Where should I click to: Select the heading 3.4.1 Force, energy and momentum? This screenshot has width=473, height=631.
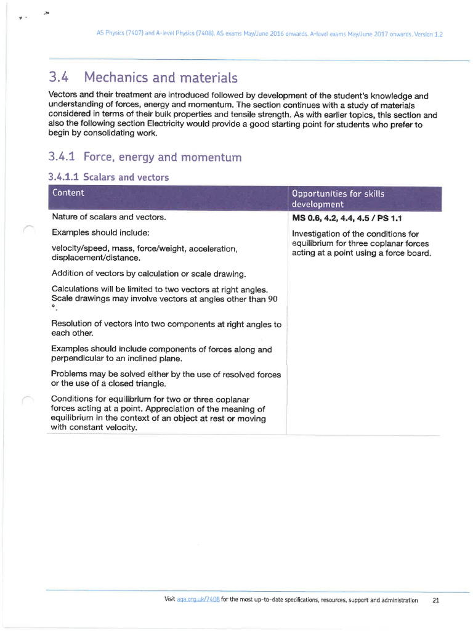click(145, 157)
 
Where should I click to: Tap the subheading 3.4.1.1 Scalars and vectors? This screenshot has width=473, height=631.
click(108, 177)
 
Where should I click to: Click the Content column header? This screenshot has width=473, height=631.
click(68, 193)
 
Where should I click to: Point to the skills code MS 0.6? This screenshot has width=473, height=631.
click(306, 218)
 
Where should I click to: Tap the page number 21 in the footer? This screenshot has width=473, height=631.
click(435, 600)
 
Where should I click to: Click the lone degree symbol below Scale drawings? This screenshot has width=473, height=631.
click(54, 307)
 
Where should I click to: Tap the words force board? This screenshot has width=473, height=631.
click(406, 253)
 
